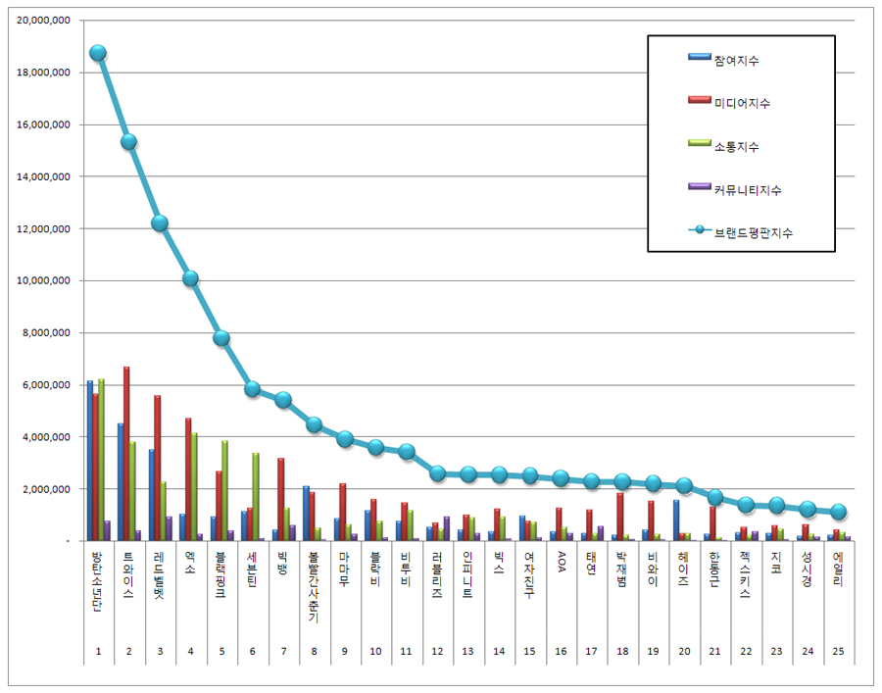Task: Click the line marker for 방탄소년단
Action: point(98,54)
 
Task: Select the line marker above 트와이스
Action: point(128,142)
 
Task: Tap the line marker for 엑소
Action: point(191,278)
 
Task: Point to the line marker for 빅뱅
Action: point(283,400)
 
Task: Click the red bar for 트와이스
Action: point(126,454)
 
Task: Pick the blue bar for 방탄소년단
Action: point(90,461)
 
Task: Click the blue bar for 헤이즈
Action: point(676,520)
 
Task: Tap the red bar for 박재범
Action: point(620,517)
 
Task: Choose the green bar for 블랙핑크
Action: point(225,490)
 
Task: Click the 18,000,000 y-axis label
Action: point(43,73)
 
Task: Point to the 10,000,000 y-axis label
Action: point(43,280)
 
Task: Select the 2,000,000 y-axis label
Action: point(46,489)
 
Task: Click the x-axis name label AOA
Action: point(561,562)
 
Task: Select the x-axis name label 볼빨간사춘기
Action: point(314,587)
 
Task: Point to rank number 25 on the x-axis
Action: point(838,651)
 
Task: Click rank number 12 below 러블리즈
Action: point(437,651)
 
